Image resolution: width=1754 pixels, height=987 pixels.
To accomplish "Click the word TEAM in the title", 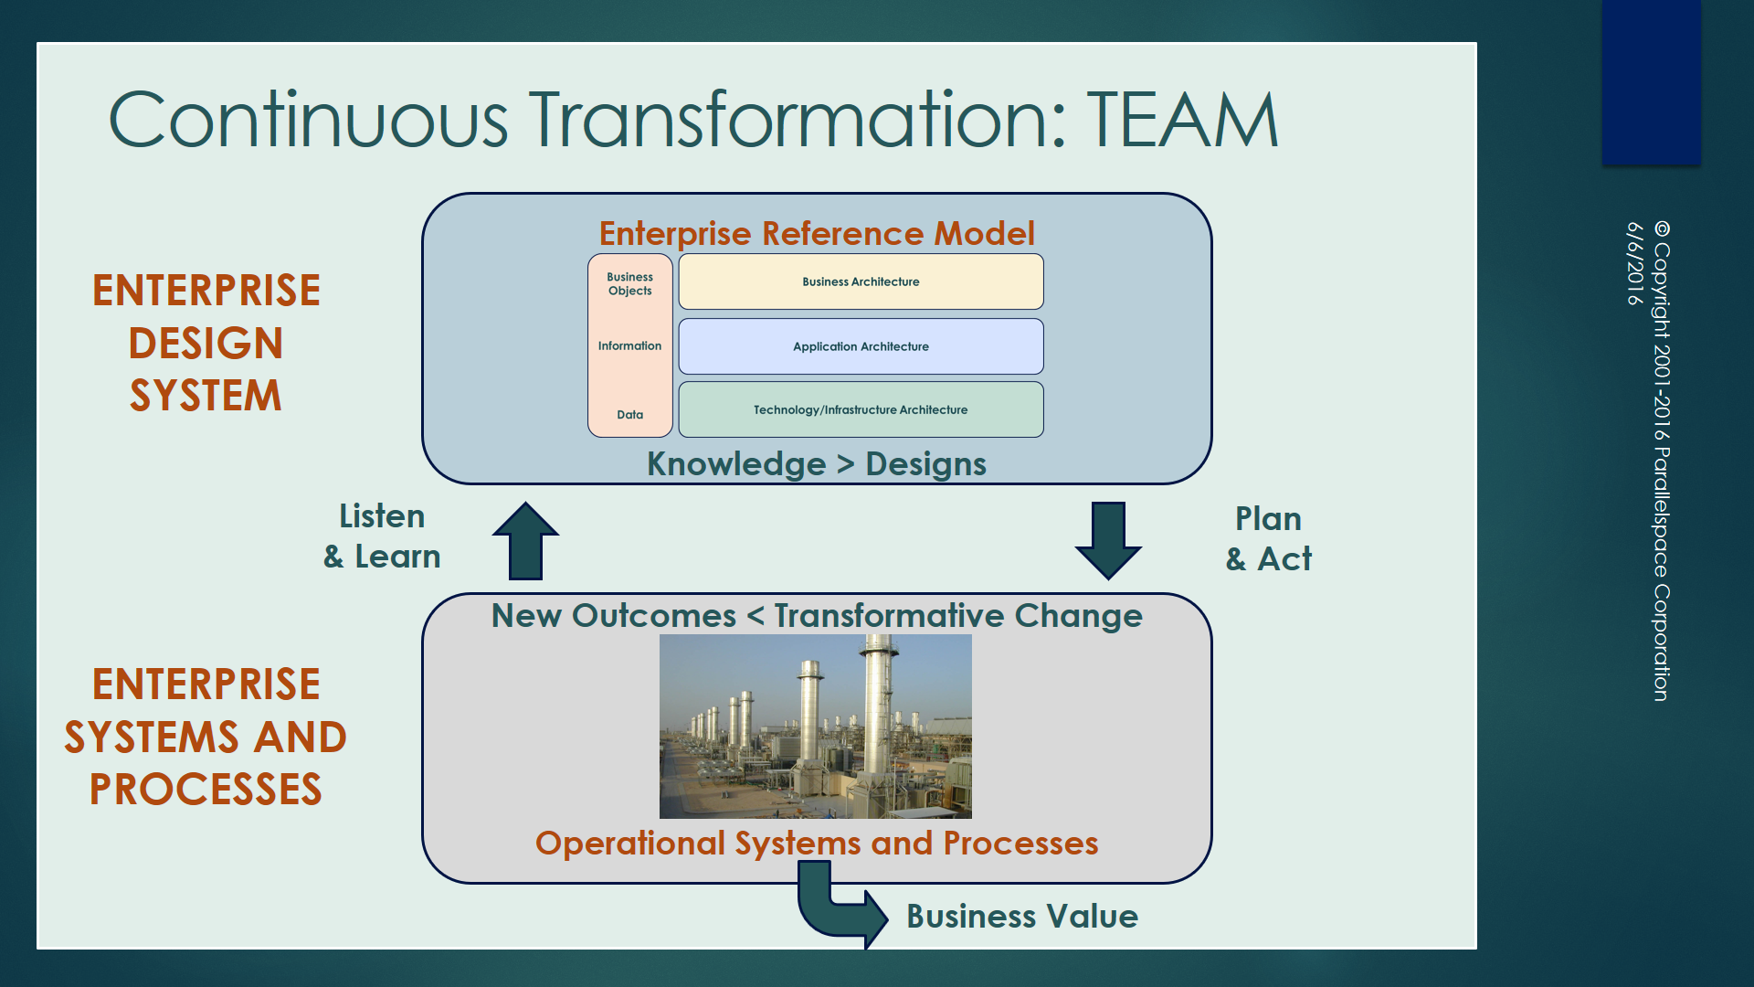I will click(1182, 120).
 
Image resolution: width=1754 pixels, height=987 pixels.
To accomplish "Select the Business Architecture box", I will click(861, 281).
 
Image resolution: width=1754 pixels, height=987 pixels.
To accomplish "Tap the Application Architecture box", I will click(861, 346).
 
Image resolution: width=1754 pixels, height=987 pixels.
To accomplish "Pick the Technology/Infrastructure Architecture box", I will click(861, 409).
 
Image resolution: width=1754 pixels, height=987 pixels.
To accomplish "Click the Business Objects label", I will click(629, 283).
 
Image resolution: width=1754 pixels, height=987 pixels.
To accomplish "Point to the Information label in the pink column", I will click(629, 345).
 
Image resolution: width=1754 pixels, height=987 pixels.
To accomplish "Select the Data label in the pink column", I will click(629, 414).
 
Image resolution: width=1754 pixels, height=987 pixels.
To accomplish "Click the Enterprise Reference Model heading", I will click(817, 233).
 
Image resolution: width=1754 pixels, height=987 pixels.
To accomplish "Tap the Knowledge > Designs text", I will click(817, 464).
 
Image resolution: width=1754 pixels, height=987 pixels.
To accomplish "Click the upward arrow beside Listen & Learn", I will click(526, 541).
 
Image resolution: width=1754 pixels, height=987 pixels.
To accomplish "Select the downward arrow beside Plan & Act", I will click(1108, 539).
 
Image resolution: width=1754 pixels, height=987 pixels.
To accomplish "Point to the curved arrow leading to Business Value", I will click(836, 910).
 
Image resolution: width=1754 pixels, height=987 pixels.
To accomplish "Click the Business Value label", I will click(1021, 916).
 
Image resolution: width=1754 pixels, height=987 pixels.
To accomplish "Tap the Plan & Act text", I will click(1268, 538).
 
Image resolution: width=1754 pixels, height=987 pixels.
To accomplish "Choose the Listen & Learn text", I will click(382, 536).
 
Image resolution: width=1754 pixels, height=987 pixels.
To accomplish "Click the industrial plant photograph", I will click(815, 727).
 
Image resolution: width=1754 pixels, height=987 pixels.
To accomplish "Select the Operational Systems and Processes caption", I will click(817, 843).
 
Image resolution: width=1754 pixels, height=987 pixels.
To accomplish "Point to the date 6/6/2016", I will click(1634, 263).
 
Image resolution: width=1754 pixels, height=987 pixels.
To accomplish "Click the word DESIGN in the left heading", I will click(206, 344).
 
